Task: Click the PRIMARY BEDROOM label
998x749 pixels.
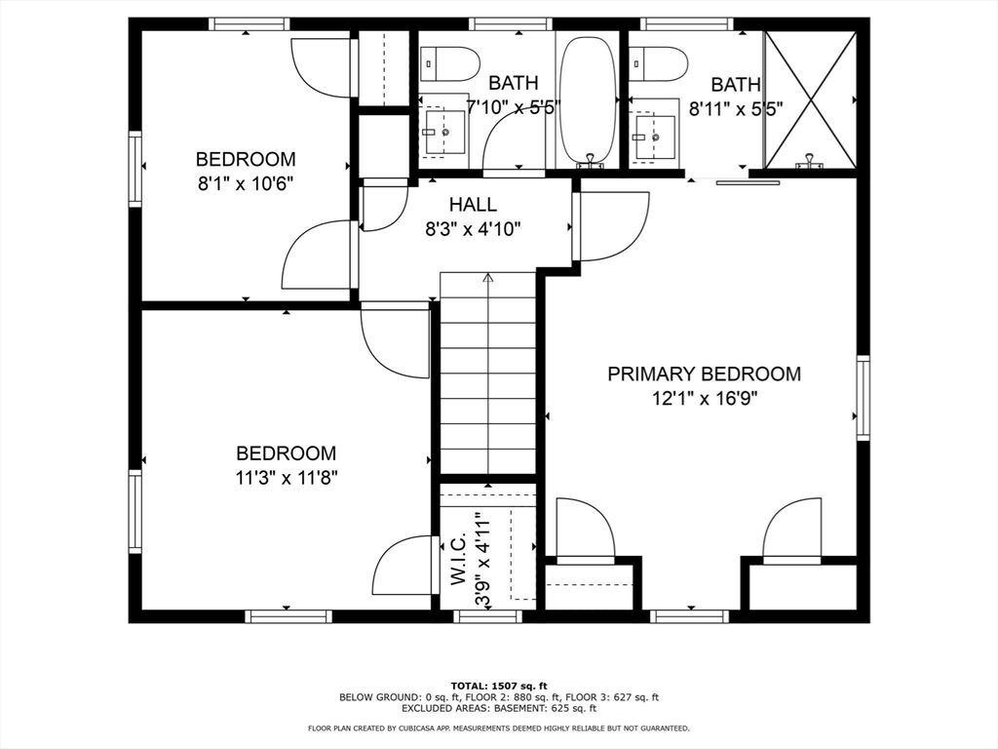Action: tap(704, 374)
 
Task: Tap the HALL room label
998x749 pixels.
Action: tap(473, 205)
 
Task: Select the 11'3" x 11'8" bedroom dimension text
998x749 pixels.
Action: tap(287, 478)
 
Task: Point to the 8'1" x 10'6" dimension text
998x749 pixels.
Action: tap(245, 184)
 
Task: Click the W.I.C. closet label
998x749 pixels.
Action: tap(460, 559)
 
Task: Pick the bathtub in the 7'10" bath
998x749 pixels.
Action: tap(588, 100)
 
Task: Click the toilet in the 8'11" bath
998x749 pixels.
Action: tap(659, 63)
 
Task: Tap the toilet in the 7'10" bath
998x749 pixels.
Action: tap(449, 63)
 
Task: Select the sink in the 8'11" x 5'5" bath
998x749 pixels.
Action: tap(654, 135)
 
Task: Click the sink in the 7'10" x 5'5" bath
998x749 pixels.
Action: tap(444, 132)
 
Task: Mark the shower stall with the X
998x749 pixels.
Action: tap(810, 100)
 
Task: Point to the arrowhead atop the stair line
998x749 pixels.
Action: tap(488, 277)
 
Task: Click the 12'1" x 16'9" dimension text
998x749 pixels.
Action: tap(704, 399)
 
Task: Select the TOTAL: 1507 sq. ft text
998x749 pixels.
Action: tap(499, 686)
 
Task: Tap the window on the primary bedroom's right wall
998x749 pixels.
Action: tap(863, 398)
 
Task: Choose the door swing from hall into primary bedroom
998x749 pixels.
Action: tap(611, 226)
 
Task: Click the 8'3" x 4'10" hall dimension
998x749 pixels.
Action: tap(473, 228)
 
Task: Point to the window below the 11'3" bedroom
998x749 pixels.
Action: tap(288, 616)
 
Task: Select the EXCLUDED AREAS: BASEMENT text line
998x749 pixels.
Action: tap(499, 708)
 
